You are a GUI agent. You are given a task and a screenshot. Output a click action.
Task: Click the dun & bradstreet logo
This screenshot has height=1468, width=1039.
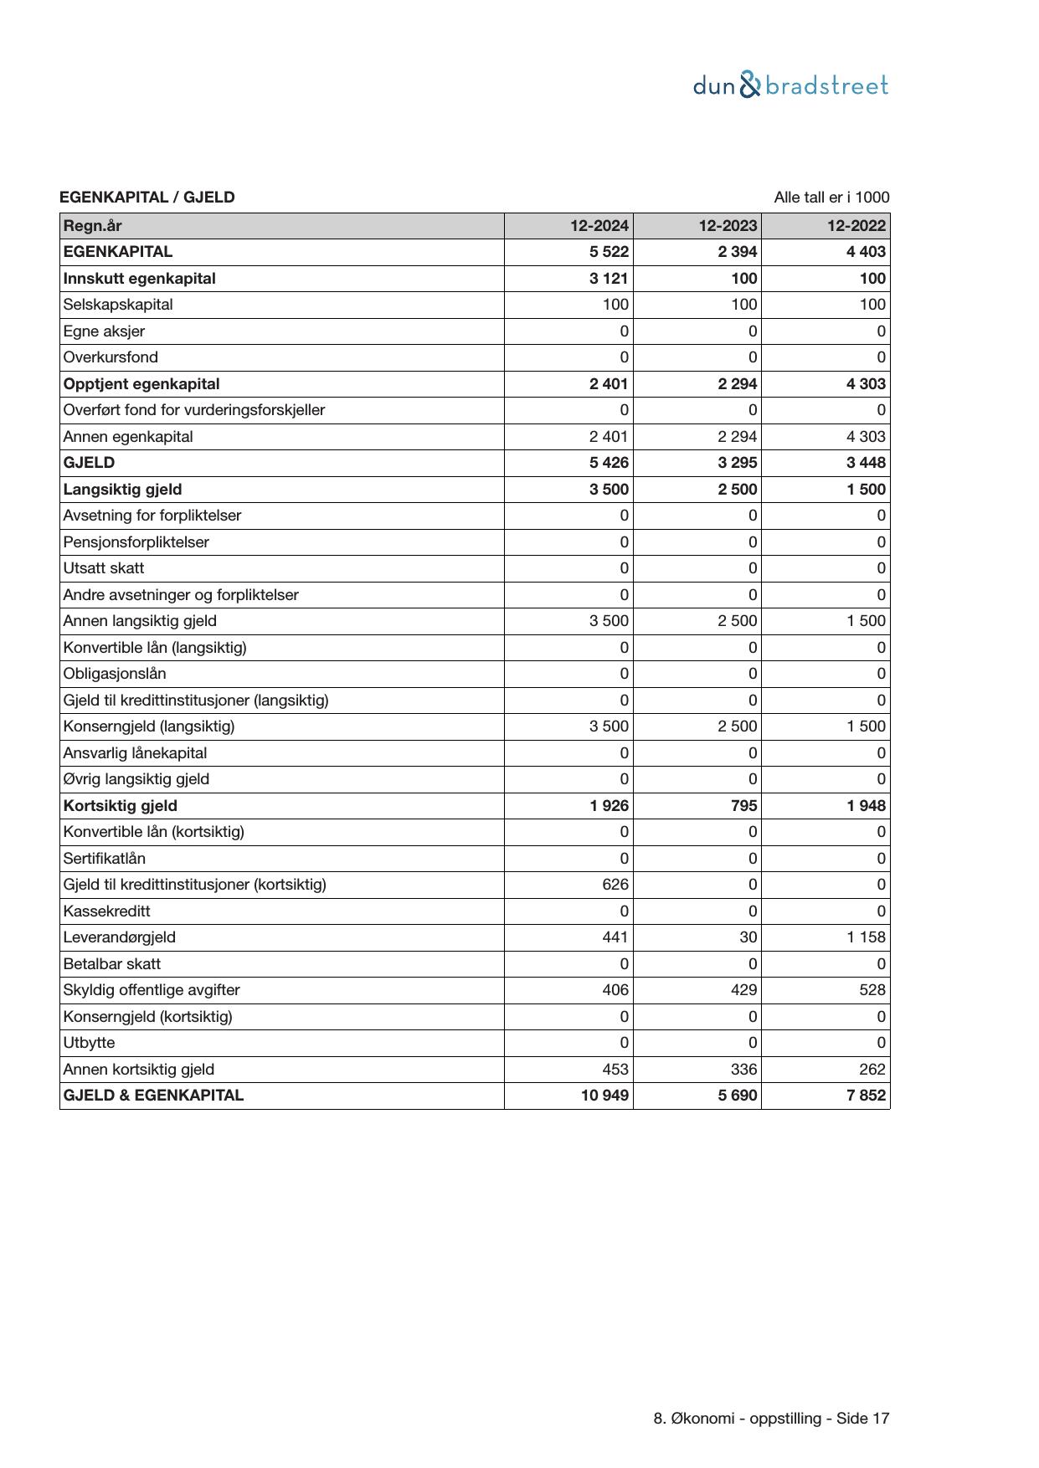790,85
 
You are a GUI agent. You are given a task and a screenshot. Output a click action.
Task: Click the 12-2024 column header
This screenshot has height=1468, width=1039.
599,226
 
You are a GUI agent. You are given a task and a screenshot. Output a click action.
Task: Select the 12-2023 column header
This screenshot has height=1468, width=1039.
728,226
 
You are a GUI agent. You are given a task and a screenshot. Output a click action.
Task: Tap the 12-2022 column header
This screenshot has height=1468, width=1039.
856,226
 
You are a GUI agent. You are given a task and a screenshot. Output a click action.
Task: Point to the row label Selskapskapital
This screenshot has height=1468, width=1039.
118,305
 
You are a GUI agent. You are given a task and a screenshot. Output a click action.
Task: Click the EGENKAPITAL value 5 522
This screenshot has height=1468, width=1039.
609,252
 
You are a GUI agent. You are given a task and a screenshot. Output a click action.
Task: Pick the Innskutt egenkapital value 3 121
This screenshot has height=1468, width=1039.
609,279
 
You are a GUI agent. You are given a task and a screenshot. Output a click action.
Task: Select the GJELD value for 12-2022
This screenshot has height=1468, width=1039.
866,463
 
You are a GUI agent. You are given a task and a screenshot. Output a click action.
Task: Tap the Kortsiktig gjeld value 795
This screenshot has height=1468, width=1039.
743,806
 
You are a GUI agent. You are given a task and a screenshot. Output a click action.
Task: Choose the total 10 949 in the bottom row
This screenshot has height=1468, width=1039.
604,1096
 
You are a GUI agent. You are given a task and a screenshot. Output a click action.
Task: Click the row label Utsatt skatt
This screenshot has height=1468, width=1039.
104,568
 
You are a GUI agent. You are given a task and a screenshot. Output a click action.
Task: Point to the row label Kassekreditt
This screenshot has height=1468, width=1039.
107,911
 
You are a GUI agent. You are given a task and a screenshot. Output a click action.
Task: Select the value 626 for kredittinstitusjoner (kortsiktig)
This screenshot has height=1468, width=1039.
615,885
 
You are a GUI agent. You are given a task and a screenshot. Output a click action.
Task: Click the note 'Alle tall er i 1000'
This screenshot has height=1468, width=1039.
831,198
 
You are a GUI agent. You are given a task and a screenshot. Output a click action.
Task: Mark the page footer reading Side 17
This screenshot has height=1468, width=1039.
771,1419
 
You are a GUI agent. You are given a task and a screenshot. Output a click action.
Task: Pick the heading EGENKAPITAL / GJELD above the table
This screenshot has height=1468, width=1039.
147,198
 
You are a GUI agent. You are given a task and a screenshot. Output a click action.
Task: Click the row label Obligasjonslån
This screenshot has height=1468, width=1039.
115,674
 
